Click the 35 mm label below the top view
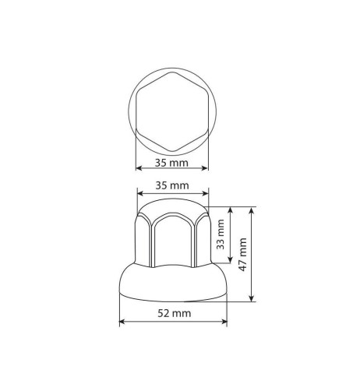(x=171, y=164)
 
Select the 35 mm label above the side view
(x=171, y=187)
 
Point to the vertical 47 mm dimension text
(x=245, y=254)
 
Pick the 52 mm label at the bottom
(x=173, y=313)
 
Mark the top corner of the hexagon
(x=172, y=79)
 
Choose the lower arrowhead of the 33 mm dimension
(x=231, y=262)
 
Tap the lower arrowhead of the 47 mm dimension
(x=254, y=301)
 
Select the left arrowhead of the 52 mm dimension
(x=121, y=321)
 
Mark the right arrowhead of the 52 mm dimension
(x=226, y=321)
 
